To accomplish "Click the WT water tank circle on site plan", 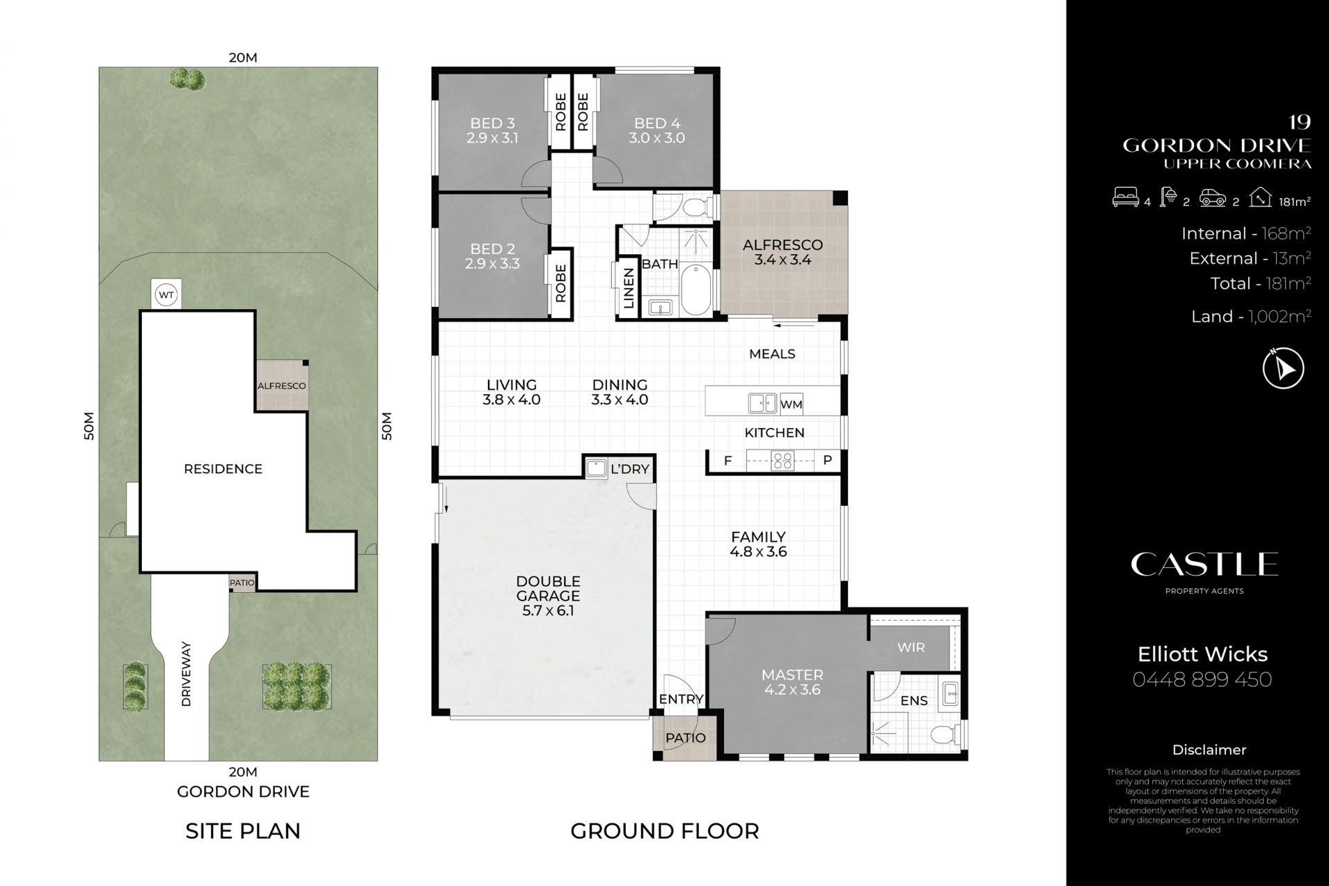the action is pyautogui.click(x=166, y=295).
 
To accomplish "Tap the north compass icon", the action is pyautogui.click(x=1283, y=368).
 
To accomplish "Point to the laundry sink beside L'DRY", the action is pyautogui.click(x=595, y=468).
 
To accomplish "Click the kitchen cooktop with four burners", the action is pyautogui.click(x=783, y=461).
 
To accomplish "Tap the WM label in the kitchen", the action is pyautogui.click(x=790, y=405).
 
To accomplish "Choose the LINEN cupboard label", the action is pyautogui.click(x=629, y=289).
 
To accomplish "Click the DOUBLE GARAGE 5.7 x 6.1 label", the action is pyautogui.click(x=548, y=596).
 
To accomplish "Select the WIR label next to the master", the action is pyautogui.click(x=911, y=647).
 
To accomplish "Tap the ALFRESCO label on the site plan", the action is pyautogui.click(x=282, y=386).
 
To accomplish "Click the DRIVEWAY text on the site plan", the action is pyautogui.click(x=186, y=674).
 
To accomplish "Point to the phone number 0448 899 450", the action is pyautogui.click(x=1202, y=679).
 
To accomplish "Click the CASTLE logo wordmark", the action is pyautogui.click(x=1204, y=565).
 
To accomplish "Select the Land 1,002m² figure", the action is pyautogui.click(x=1251, y=317).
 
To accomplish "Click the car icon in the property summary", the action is pyautogui.click(x=1213, y=198).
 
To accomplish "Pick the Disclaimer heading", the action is pyautogui.click(x=1209, y=750).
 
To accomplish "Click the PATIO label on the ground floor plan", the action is pyautogui.click(x=685, y=738).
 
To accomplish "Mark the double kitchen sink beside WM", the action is pyautogui.click(x=762, y=403).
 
